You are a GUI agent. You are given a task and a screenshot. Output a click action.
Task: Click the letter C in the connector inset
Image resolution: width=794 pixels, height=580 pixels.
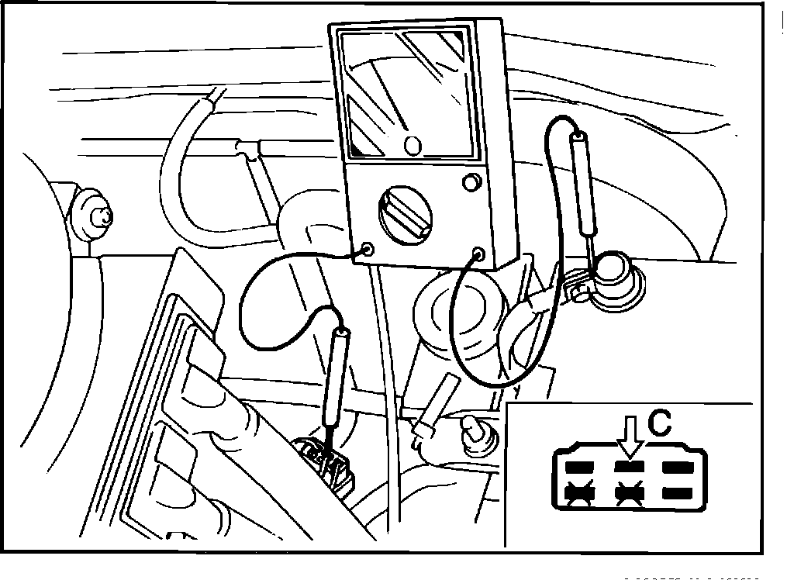659,423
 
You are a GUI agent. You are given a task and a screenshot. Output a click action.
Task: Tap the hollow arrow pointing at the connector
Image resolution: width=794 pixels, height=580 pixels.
630,437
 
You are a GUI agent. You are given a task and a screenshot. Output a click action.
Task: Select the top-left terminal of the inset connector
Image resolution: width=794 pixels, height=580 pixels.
578,467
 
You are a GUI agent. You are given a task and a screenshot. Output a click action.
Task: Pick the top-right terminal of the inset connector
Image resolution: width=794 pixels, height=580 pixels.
677,467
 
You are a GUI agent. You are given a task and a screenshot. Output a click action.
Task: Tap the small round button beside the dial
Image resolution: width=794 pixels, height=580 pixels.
468,183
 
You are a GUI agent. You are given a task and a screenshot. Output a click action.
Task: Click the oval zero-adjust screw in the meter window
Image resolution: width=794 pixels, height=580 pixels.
413,145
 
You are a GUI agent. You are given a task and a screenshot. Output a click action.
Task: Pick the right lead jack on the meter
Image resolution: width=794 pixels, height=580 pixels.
478,253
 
